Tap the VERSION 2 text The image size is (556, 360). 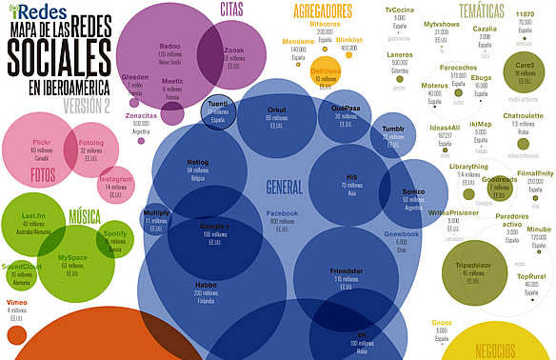click(x=87, y=105)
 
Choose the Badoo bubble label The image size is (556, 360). click(x=170, y=46)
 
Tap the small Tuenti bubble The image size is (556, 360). click(x=217, y=110)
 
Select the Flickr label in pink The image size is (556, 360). click(x=41, y=141)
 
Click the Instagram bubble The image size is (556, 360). click(x=116, y=182)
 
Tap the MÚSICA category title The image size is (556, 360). click(x=85, y=217)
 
